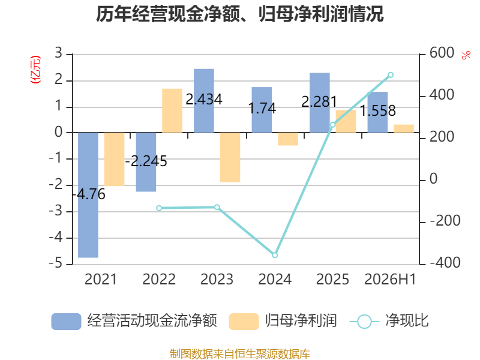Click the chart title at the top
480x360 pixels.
pos(239,14)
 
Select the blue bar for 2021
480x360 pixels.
pos(88,195)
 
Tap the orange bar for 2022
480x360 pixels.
pos(172,110)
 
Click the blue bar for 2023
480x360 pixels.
pos(204,101)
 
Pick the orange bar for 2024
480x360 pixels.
pos(288,139)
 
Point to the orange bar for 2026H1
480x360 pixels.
pos(404,128)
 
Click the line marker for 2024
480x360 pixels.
pos(275,255)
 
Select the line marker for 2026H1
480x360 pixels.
pos(391,74)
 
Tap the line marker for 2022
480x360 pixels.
pos(159,208)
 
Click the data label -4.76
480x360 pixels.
pos(88,194)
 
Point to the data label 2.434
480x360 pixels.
pos(204,99)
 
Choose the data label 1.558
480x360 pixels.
pos(377,110)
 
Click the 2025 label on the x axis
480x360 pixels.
pos(332,279)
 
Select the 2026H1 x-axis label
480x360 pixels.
pos(391,279)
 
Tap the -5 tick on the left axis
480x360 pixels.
pos(55,263)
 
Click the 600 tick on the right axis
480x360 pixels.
pos(442,53)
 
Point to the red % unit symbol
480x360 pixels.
pos(466,55)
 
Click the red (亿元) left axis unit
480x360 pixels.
pos(35,70)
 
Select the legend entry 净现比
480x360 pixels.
pos(389,321)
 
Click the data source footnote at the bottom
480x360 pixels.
pos(239,354)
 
